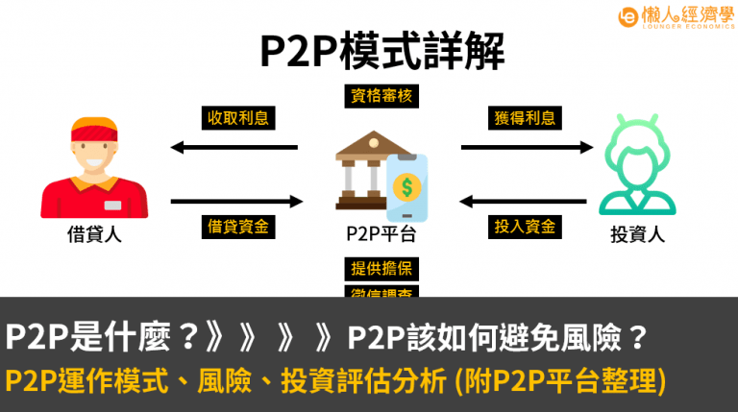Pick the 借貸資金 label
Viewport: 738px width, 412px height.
click(x=237, y=227)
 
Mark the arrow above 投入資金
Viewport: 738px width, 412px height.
click(x=525, y=202)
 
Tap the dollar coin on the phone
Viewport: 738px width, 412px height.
click(x=408, y=184)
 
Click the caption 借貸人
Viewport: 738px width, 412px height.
click(x=94, y=232)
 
